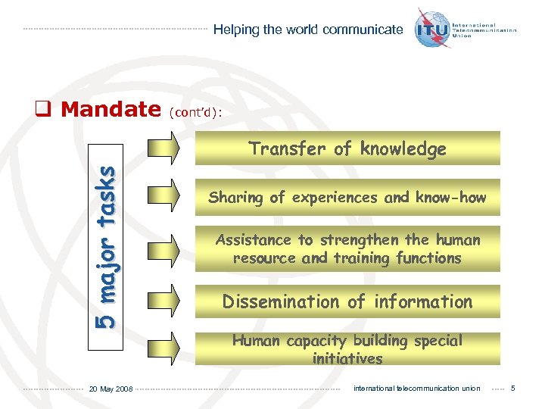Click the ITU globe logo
point(432,29)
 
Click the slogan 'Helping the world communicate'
point(308,30)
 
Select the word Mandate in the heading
point(111,109)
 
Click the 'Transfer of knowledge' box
point(347,148)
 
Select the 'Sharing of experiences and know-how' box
point(347,198)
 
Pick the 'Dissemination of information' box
point(347,301)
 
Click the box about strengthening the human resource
point(347,248)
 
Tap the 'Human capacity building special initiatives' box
point(347,349)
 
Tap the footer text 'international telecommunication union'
point(416,389)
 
